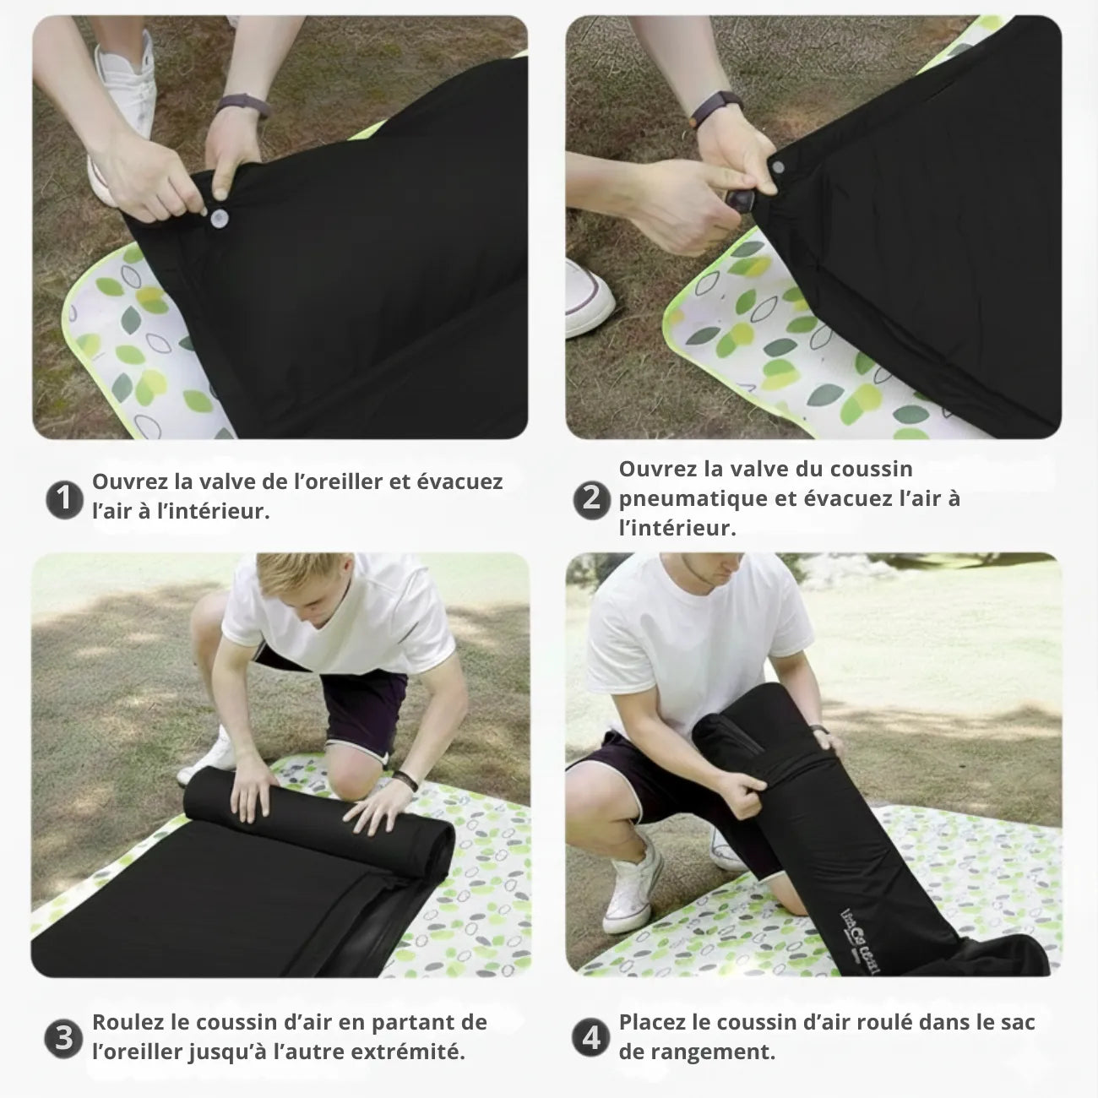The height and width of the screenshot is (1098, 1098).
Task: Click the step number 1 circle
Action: (63, 499)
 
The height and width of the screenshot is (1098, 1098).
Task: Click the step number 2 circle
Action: (591, 498)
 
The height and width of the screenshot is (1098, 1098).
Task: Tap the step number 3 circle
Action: (63, 1037)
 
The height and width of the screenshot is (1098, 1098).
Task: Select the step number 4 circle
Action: (591, 1037)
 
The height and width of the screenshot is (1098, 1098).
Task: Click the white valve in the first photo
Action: (220, 218)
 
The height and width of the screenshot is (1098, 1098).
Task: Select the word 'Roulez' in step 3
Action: (128, 1022)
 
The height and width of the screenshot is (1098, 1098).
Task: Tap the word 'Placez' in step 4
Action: (652, 1022)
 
